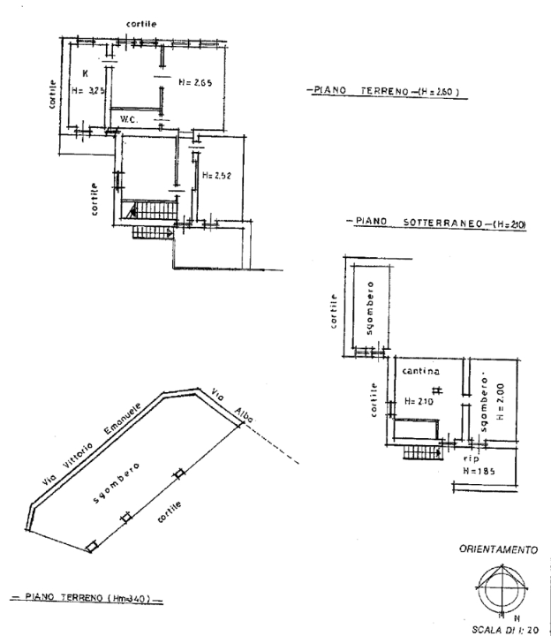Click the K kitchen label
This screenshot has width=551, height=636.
point(86,72)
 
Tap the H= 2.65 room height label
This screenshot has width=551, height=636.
point(196,83)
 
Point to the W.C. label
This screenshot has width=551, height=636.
point(131,119)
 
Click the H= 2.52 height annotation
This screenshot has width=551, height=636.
point(215,176)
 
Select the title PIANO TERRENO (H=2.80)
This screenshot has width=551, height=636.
point(385,91)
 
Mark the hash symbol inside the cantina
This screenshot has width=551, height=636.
point(437,390)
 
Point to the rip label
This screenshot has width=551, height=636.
point(470,459)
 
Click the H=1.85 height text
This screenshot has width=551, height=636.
point(479,473)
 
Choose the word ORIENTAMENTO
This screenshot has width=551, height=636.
point(498,549)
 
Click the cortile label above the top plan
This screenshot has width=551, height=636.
point(142,24)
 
